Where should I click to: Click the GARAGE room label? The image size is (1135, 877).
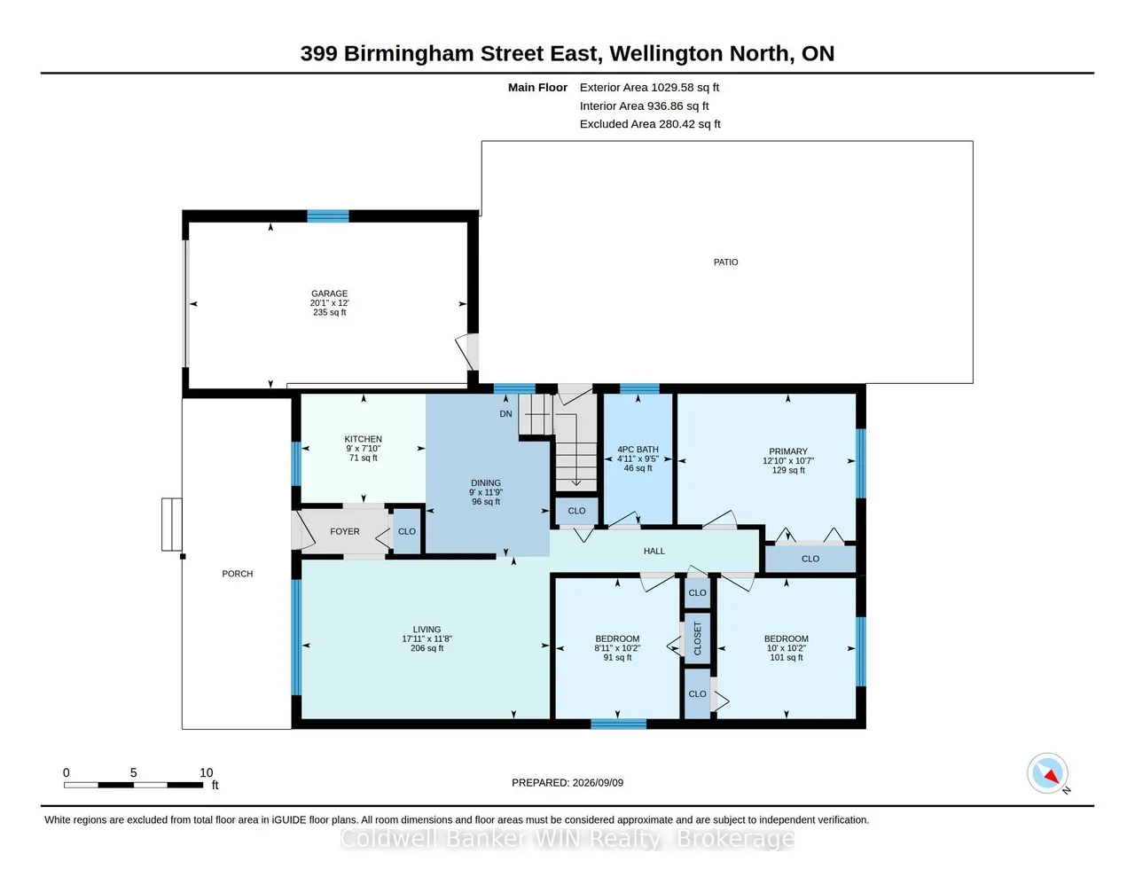pyautogui.click(x=329, y=294)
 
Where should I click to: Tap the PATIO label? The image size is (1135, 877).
pyautogui.click(x=725, y=262)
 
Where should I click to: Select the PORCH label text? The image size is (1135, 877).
pyautogui.click(x=237, y=574)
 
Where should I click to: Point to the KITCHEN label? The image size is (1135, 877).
pyautogui.click(x=363, y=439)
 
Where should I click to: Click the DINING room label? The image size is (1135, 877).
pyautogui.click(x=486, y=483)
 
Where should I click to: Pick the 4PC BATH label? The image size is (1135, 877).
pyautogui.click(x=638, y=450)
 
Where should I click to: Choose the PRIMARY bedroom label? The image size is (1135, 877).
pyautogui.click(x=788, y=451)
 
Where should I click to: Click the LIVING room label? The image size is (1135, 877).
pyautogui.click(x=427, y=630)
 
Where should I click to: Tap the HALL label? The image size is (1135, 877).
pyautogui.click(x=654, y=551)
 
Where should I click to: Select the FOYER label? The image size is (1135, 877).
pyautogui.click(x=345, y=531)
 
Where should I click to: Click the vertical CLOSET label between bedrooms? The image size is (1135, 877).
pyautogui.click(x=697, y=638)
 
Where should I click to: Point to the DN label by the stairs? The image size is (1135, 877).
pyautogui.click(x=505, y=414)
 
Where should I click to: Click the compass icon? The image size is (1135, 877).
pyautogui.click(x=1047, y=773)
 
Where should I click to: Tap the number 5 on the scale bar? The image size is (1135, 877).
pyautogui.click(x=134, y=772)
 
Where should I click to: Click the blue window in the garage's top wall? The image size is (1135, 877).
pyautogui.click(x=327, y=216)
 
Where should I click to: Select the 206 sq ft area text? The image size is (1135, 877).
pyautogui.click(x=427, y=648)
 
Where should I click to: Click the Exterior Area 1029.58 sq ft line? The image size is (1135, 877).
pyautogui.click(x=649, y=87)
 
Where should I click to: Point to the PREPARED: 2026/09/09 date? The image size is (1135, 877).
pyautogui.click(x=567, y=782)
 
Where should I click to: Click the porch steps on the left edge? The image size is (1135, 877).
pyautogui.click(x=171, y=524)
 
